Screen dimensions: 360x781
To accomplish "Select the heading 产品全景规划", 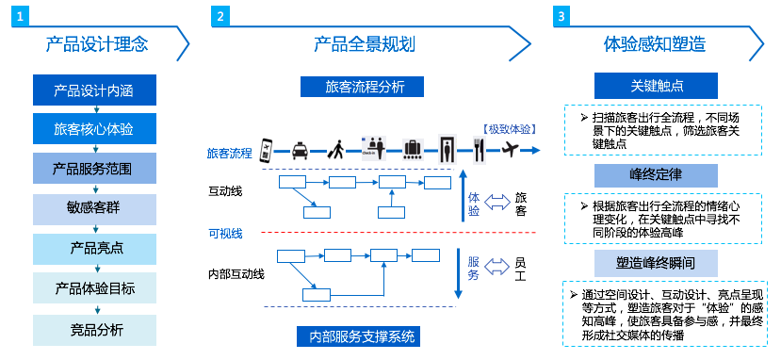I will (x=365, y=44).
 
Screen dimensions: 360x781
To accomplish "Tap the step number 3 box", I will (x=562, y=16).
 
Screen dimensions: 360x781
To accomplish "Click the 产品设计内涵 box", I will (x=94, y=90).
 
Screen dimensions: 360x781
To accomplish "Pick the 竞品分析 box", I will (x=94, y=329).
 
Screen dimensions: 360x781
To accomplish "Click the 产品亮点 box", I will (x=94, y=249).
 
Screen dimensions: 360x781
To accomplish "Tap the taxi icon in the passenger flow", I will (x=298, y=149).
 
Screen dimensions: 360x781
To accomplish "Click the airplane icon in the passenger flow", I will (x=512, y=148).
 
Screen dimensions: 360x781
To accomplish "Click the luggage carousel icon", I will (x=413, y=149).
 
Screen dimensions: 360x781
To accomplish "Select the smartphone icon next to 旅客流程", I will (x=266, y=149).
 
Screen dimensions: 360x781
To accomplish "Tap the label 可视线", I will (x=224, y=233).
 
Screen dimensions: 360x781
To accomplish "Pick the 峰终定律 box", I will (x=655, y=175).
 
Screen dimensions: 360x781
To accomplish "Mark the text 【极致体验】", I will (x=509, y=126).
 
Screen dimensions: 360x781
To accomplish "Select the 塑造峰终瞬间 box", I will (x=655, y=262).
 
